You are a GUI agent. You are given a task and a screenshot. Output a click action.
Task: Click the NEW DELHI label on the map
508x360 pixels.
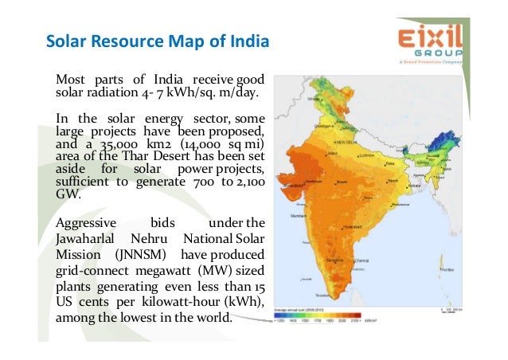[x=346, y=140]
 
